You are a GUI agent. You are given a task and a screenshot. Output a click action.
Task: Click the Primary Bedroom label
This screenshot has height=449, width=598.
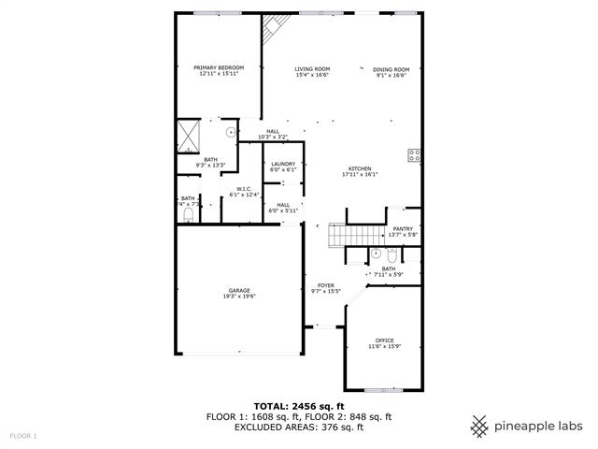[x=219, y=67]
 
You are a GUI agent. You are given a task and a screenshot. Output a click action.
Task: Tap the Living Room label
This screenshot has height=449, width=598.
[x=312, y=69]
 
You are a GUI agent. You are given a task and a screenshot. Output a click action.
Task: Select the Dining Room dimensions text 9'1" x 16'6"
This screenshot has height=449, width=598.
[x=392, y=76]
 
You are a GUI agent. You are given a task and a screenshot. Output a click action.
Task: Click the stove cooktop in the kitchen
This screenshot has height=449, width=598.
[x=413, y=155]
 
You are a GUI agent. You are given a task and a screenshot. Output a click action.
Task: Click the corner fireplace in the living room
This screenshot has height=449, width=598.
[x=272, y=27]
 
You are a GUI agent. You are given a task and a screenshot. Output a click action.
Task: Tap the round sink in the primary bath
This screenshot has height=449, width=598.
[x=229, y=132]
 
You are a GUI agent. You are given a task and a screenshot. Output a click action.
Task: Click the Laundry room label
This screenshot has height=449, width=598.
[x=282, y=165]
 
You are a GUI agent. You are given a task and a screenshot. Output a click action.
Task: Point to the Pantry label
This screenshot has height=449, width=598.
[x=403, y=228]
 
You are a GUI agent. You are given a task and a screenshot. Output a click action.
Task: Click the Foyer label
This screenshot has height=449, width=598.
[x=325, y=285]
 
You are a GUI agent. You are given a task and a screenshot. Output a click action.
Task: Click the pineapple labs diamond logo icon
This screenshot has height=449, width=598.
[x=479, y=426]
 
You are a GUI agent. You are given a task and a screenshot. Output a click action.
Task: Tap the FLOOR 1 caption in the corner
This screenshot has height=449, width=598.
[x=24, y=436]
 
